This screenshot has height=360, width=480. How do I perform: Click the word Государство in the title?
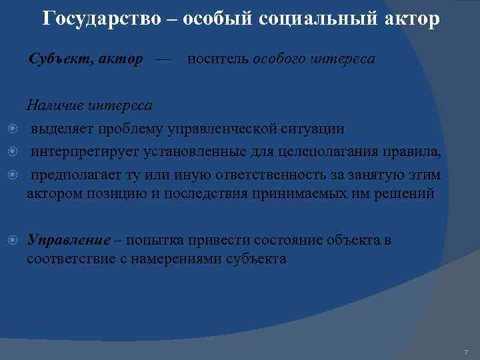point(101,19)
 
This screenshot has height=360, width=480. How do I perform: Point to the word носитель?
point(217,59)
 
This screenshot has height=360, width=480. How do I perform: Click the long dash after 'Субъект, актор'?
point(163,59)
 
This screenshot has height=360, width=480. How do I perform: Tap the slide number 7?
point(466,351)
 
